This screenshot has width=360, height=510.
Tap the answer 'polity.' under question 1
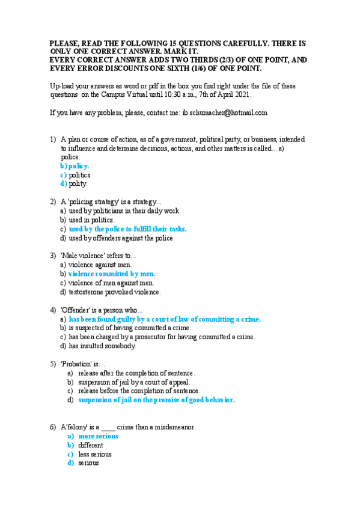pos(78,183)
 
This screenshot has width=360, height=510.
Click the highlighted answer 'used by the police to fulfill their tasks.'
pos(127,229)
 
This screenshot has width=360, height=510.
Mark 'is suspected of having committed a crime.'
pos(130,328)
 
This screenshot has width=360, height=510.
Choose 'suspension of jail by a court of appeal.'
pos(134,382)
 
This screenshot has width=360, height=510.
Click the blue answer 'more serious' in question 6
pos(98,436)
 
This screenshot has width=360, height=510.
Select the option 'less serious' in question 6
pos(95,454)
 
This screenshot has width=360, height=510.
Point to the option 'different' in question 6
pos(91,445)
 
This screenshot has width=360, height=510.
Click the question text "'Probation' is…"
pos(83,364)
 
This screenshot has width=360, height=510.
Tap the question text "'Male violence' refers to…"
pos(94,255)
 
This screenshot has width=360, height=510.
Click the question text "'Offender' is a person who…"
pos(102,310)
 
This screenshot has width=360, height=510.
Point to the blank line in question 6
pos(108,427)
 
